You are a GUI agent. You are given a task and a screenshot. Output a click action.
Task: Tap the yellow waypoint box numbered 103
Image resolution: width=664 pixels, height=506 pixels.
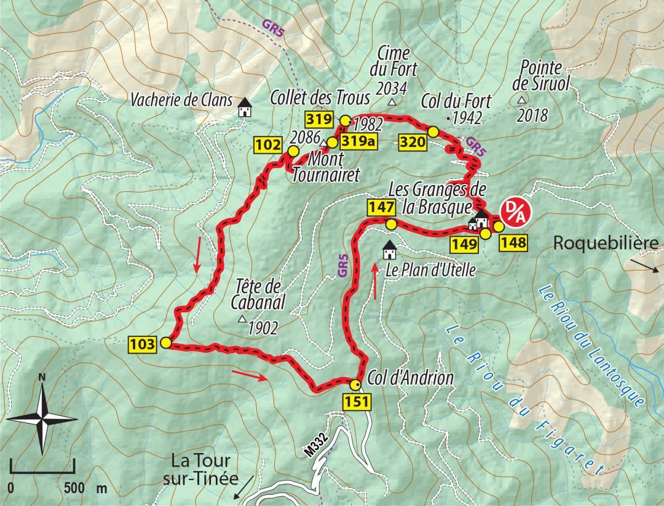pyautogui.click(x=143, y=344)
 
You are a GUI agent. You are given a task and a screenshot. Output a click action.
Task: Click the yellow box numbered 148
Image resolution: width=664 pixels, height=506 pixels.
pyautogui.click(x=513, y=243)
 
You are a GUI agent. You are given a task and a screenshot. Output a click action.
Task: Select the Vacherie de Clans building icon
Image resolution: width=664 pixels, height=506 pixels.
pyautogui.click(x=245, y=108)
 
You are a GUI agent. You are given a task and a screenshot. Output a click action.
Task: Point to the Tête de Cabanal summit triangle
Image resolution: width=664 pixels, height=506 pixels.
pyautogui.click(x=242, y=320)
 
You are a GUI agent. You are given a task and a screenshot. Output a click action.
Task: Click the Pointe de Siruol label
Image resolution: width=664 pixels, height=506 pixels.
pyautogui.click(x=540, y=75)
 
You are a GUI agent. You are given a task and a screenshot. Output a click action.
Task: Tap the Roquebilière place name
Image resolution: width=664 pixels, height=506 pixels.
pyautogui.click(x=606, y=242)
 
